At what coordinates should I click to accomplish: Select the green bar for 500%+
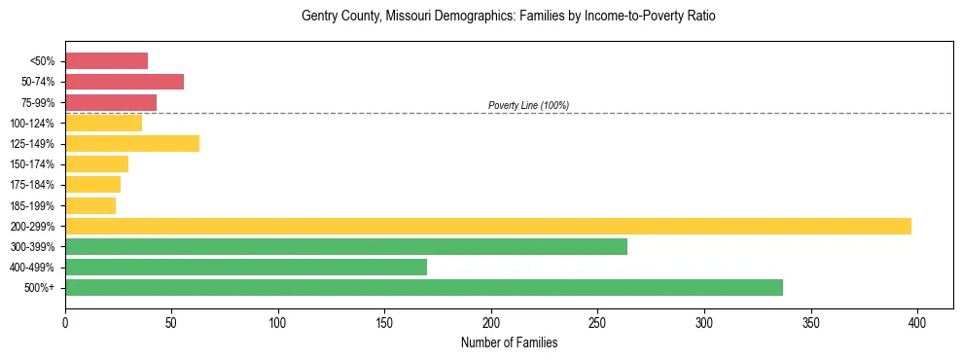424,287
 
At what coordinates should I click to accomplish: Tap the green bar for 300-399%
346,246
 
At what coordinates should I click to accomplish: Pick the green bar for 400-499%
246,267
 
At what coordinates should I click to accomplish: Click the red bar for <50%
106,61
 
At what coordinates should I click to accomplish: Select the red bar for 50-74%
125,82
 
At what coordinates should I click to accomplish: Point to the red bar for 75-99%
111,102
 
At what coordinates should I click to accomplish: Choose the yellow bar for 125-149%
132,144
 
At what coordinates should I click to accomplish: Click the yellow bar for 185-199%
90,205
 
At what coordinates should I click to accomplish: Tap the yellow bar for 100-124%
103,123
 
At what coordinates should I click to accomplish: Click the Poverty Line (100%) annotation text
528,105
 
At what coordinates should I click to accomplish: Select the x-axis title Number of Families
509,342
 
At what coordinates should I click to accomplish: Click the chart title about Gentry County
509,17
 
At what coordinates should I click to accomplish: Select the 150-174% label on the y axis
32,164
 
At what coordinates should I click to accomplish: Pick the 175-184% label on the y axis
32,185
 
